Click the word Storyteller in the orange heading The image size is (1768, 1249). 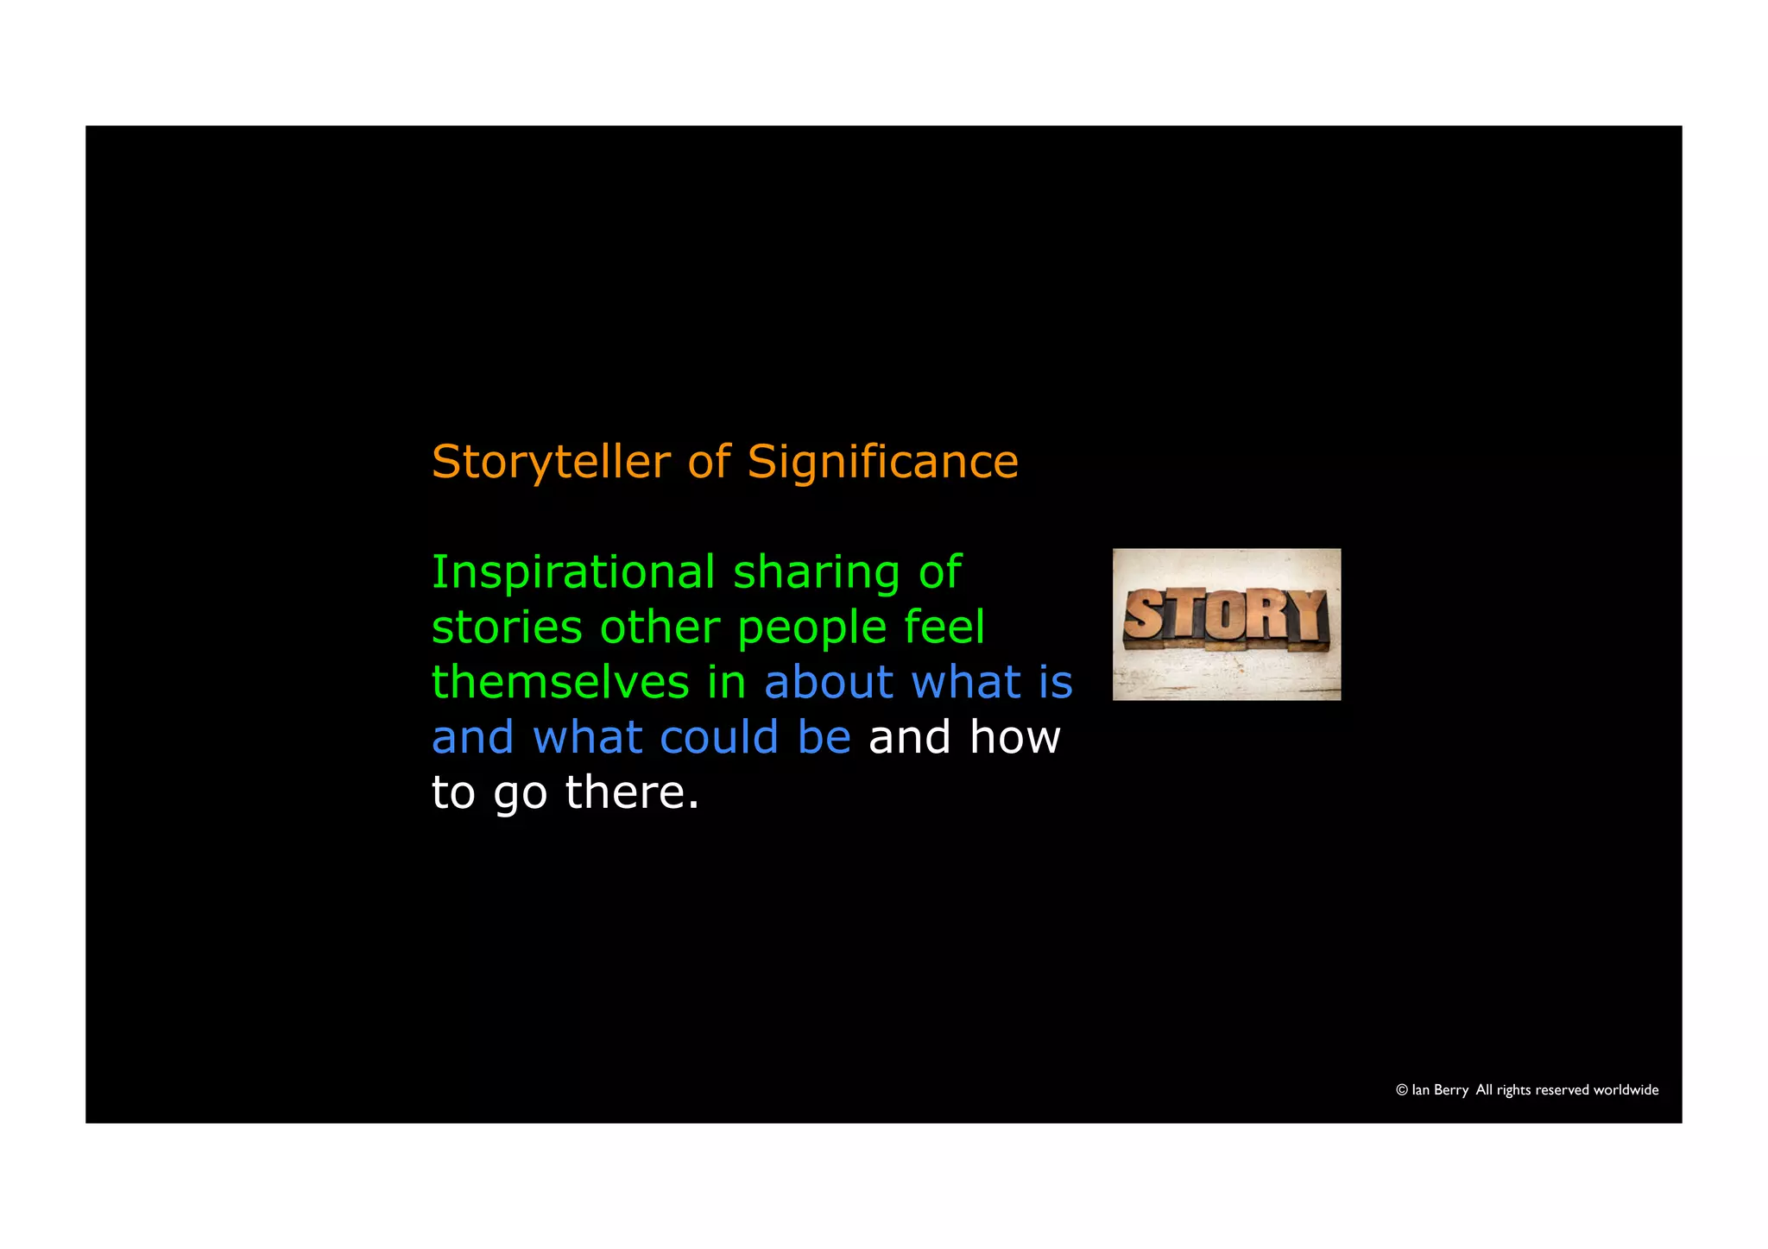tap(551, 463)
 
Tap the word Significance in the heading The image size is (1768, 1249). tap(882, 463)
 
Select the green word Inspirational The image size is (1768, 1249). tap(573, 572)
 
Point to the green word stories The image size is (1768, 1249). tap(507, 628)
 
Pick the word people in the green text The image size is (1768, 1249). tap(812, 629)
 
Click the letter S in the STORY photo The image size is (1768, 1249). tap(1144, 615)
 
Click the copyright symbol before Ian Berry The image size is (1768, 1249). tap(1402, 1090)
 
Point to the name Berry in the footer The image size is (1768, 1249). tap(1450, 1090)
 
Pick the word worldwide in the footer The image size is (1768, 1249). tap(1626, 1090)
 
